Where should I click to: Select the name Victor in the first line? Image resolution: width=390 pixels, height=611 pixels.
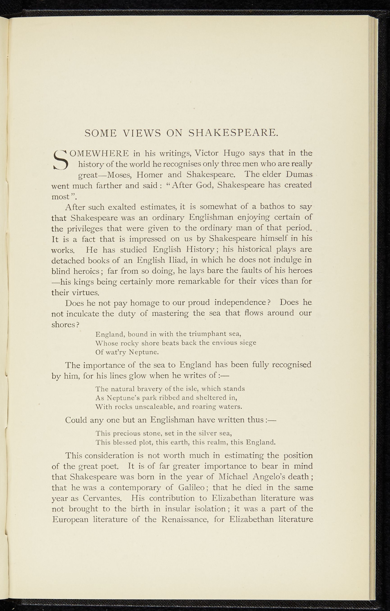click(x=207, y=154)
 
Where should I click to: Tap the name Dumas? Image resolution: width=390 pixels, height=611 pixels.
click(x=299, y=174)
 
